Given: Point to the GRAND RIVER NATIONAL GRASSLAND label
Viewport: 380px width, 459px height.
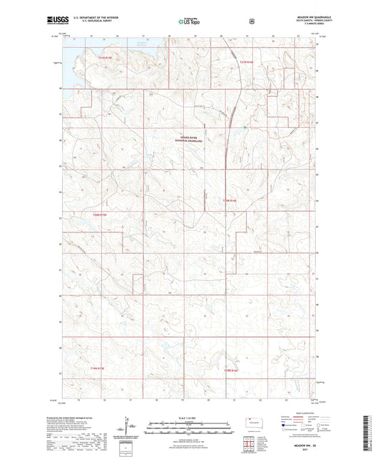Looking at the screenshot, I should [x=190, y=141].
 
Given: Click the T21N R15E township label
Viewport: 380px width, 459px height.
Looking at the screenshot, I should [x=106, y=56].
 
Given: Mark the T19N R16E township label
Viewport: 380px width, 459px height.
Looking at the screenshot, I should [x=229, y=370].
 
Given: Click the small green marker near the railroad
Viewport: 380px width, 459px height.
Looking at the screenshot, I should [x=243, y=128].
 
